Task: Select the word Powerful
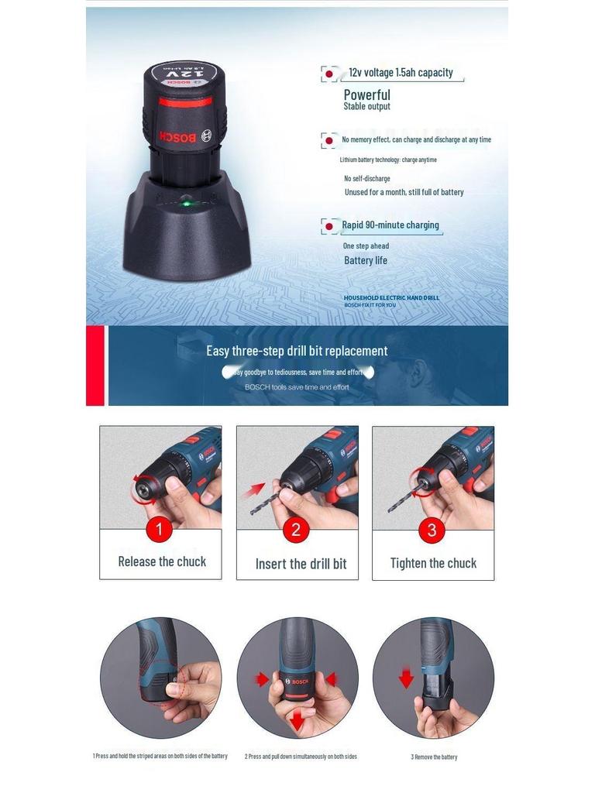(366, 94)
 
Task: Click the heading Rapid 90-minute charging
(390, 225)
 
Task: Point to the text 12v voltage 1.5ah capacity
(401, 73)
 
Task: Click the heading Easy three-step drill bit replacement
(297, 351)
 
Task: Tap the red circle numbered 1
(160, 530)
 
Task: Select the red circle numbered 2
(296, 531)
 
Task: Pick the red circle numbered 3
(432, 531)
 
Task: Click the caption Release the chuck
(162, 561)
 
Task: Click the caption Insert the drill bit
(301, 564)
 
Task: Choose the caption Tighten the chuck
(433, 563)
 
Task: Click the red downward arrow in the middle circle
(297, 721)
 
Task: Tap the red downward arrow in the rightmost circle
(406, 679)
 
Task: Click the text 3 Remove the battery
(434, 757)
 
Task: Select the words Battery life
(366, 260)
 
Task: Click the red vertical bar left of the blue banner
(95, 366)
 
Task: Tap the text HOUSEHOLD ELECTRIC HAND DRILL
(391, 297)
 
